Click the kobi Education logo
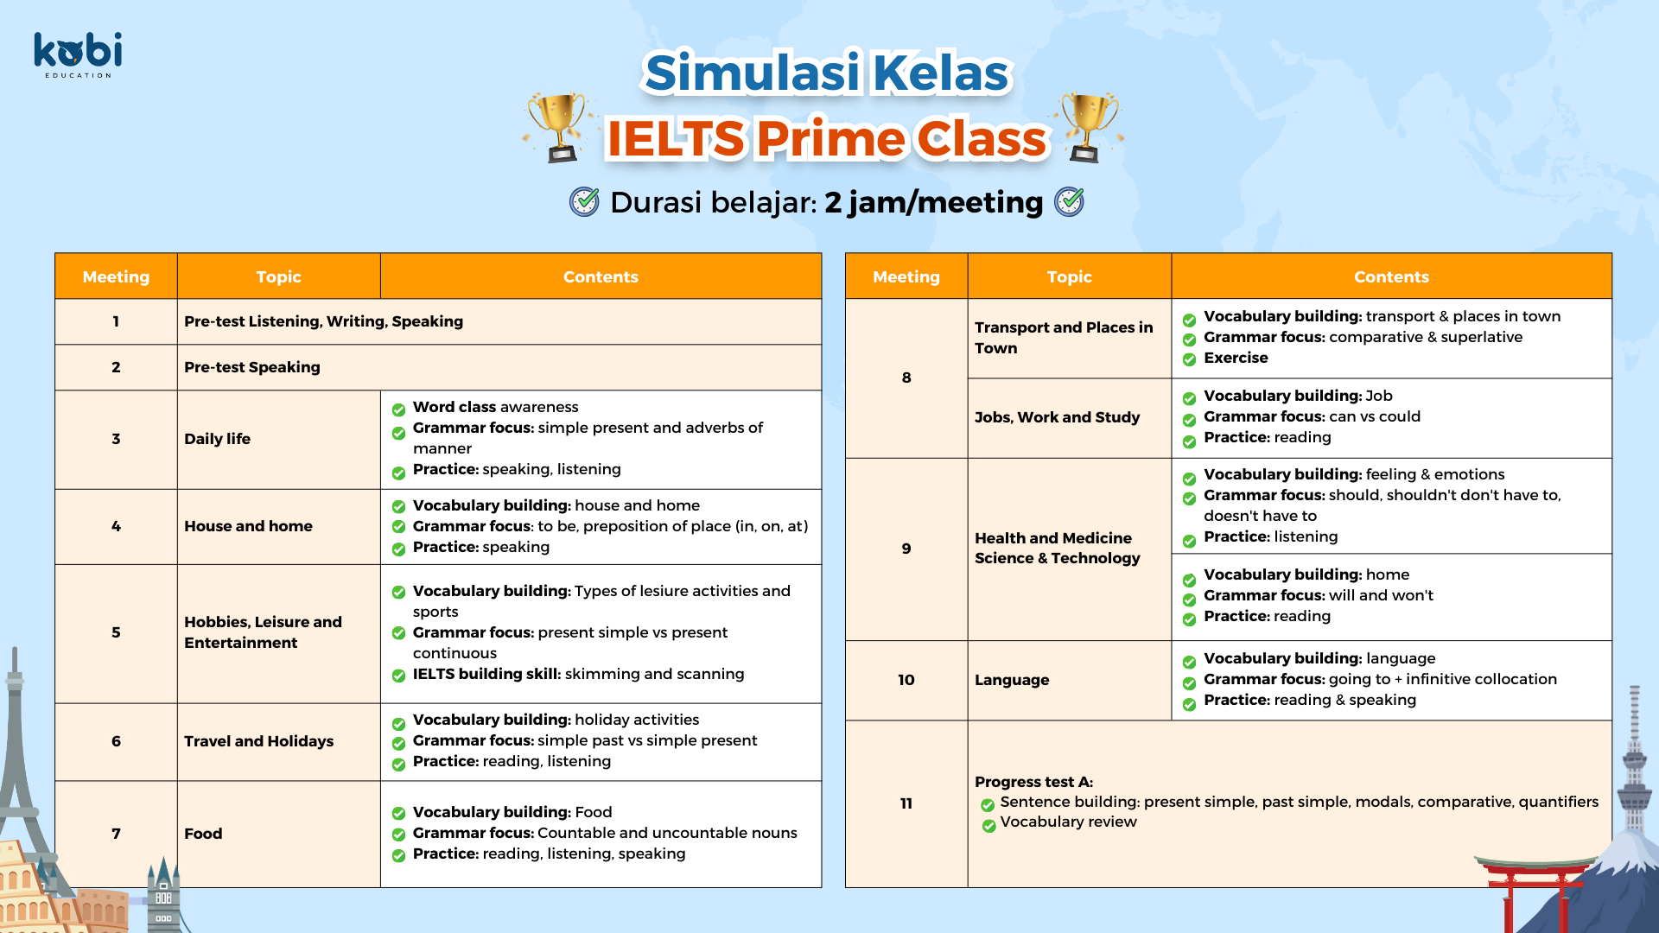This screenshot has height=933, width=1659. pyautogui.click(x=78, y=54)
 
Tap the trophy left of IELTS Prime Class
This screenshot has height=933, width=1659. pyautogui.click(x=560, y=127)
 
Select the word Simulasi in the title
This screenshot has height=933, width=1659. pyautogui.click(x=753, y=72)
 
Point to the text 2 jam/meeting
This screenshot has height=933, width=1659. pyautogui.click(x=933, y=202)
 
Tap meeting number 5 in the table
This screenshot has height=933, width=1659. pyautogui.click(x=116, y=632)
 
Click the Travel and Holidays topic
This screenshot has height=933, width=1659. pyautogui.click(x=258, y=741)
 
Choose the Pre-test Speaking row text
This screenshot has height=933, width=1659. pyautogui.click(x=251, y=367)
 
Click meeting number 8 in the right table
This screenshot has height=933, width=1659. pyautogui.click(x=906, y=378)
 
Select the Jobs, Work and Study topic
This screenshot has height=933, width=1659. pyautogui.click(x=1057, y=417)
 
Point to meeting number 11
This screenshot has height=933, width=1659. pyautogui.click(x=906, y=803)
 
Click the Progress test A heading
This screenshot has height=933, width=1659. pyautogui.click(x=1033, y=782)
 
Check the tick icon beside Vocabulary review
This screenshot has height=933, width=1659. pyautogui.click(x=988, y=826)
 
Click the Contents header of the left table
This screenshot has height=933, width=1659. pyautogui.click(x=601, y=276)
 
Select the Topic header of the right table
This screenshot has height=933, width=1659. pyautogui.click(x=1069, y=276)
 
